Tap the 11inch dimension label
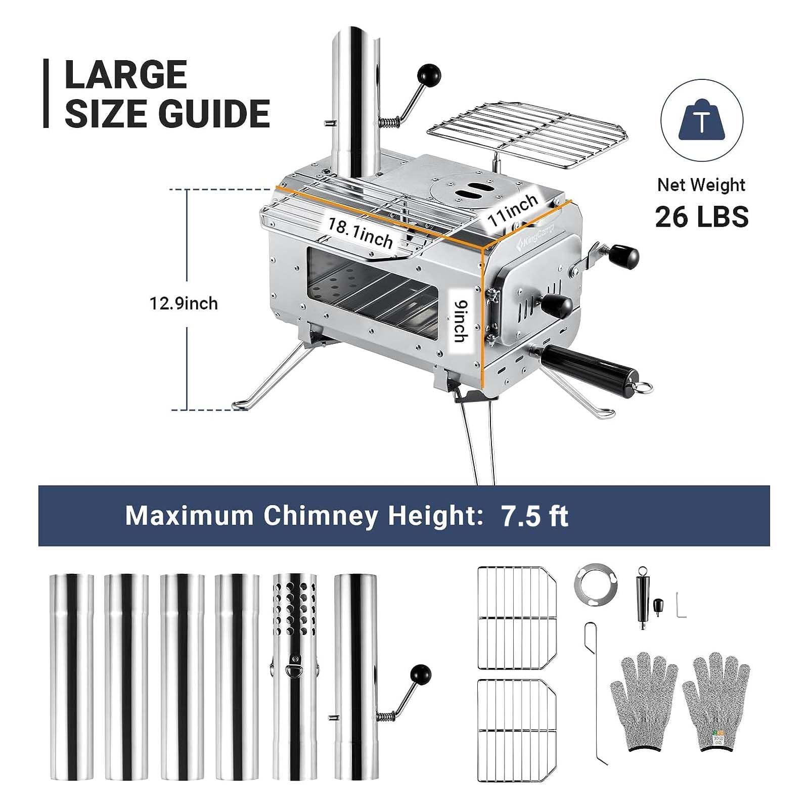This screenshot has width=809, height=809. (x=513, y=210)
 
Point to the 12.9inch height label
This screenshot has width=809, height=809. (x=184, y=303)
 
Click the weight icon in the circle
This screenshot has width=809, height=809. (x=701, y=121)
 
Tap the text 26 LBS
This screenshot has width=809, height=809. (x=701, y=217)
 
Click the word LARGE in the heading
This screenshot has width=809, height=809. (x=126, y=75)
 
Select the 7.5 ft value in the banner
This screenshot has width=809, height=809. (x=534, y=516)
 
